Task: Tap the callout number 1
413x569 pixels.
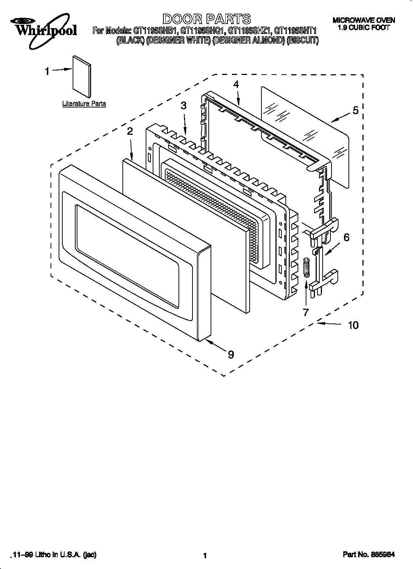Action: point(47,71)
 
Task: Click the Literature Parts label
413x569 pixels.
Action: point(84,104)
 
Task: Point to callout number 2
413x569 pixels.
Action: point(130,131)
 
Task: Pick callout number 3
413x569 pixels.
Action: point(183,106)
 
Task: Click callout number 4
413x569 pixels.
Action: point(236,84)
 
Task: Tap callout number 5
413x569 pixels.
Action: point(355,110)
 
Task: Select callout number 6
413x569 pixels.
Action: point(346,237)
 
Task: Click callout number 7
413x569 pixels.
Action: point(306,312)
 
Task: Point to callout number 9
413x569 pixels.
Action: point(231,354)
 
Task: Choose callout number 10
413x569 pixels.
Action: point(353,325)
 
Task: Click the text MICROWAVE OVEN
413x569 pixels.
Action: point(364,21)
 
